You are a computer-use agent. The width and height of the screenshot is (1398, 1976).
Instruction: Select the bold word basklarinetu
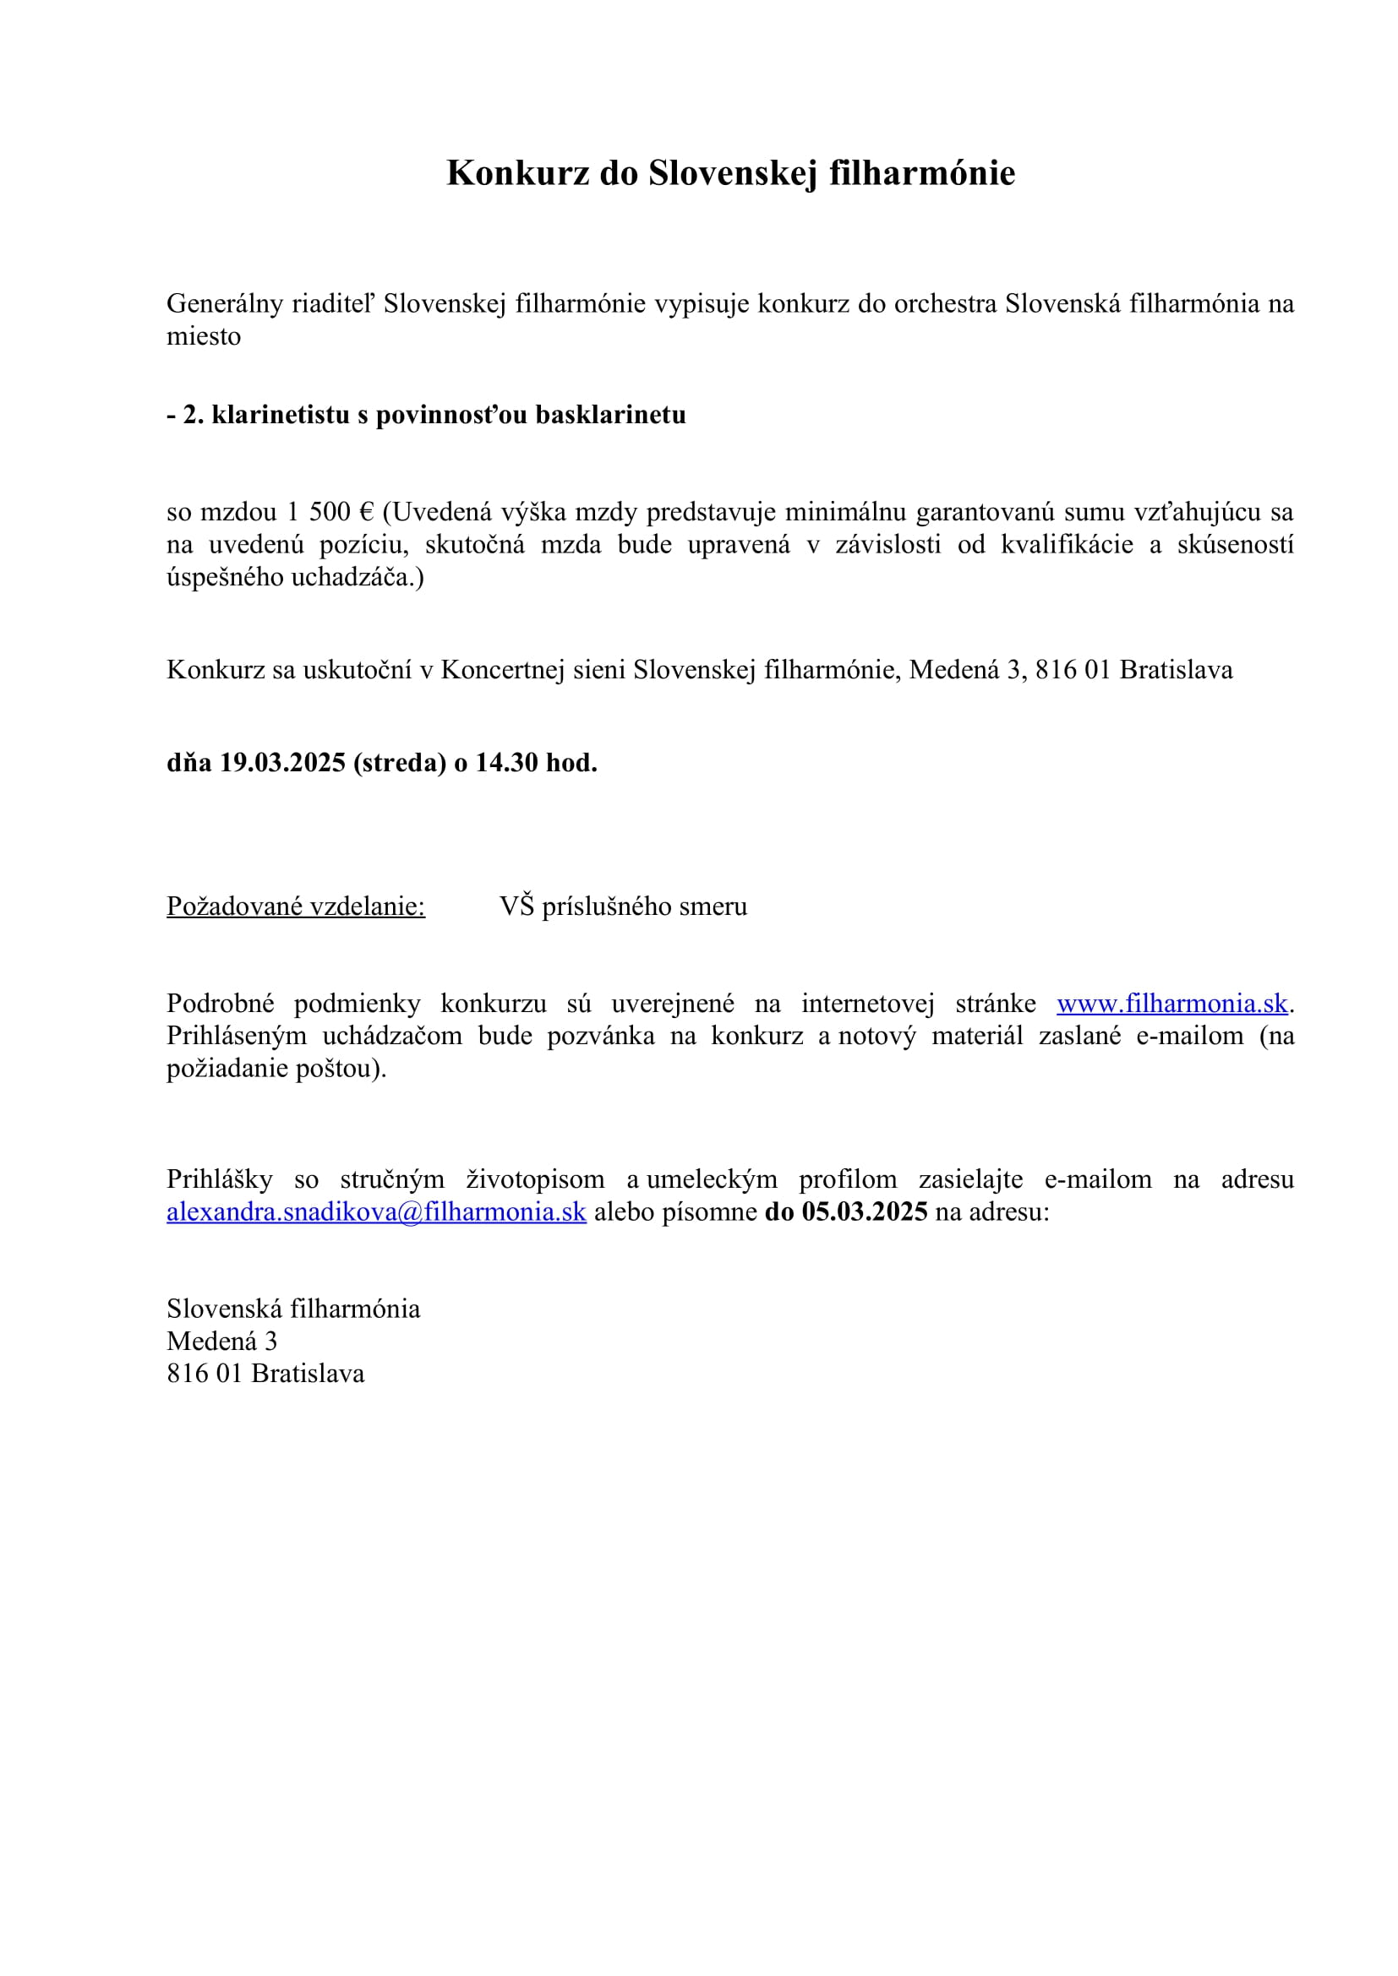pos(610,415)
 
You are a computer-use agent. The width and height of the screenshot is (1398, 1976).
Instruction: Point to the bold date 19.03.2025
pos(282,763)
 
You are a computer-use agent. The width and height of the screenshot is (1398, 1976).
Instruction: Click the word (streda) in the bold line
pos(400,763)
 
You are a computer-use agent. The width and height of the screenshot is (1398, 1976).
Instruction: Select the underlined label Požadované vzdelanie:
pos(295,906)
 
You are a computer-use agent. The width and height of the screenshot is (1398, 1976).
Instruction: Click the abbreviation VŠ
pos(516,906)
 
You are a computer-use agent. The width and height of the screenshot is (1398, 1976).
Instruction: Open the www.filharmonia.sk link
pos(1171,1004)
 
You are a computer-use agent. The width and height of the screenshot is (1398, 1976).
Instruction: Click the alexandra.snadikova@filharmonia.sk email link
pos(376,1211)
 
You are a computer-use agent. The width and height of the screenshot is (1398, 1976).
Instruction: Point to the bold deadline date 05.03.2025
pos(865,1211)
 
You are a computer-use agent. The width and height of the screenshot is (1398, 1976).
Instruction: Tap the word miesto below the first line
pos(203,336)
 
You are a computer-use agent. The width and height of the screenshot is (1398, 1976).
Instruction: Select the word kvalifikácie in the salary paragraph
pos(1067,545)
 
